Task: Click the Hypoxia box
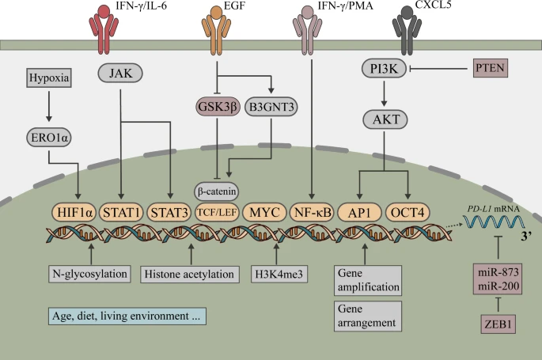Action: pyautogui.click(x=48, y=78)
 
